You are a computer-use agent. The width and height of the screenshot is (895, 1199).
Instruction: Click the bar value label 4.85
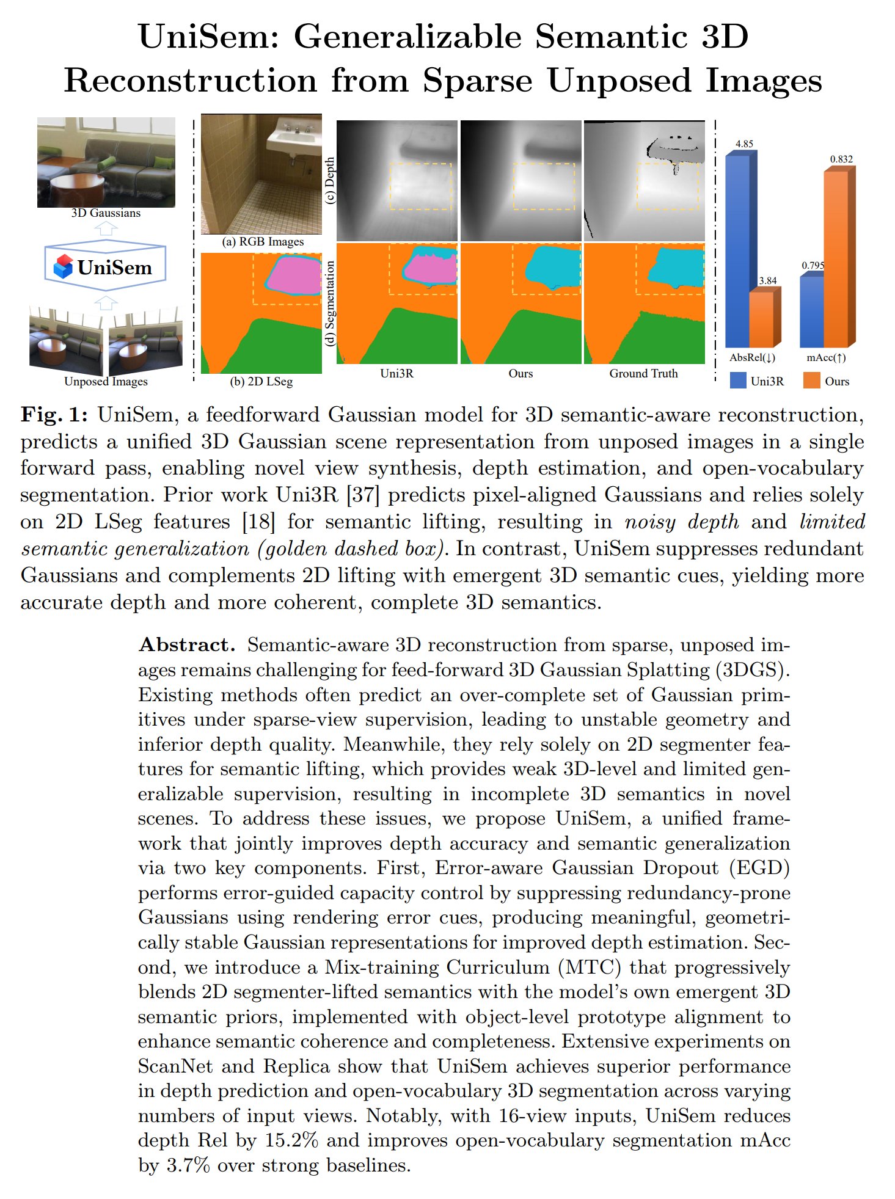744,144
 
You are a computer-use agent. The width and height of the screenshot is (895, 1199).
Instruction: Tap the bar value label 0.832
841,159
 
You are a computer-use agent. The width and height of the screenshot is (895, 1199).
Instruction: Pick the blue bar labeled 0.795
812,312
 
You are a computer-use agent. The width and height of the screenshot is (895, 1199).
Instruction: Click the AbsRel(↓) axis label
752,358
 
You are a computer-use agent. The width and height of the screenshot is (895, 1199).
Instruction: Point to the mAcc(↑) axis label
826,358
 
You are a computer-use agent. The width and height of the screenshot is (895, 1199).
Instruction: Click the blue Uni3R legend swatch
738,381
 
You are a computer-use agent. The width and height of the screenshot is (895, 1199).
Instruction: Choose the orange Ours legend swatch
811,381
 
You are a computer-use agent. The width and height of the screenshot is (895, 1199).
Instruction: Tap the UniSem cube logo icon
63,267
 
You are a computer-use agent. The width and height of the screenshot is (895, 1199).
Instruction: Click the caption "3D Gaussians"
106,213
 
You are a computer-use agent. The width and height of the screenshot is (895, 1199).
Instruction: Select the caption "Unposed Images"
106,382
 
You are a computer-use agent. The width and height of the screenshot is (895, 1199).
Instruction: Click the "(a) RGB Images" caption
263,242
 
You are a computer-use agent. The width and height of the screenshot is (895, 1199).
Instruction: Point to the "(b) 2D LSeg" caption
261,382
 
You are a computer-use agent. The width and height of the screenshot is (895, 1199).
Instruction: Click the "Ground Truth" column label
643,374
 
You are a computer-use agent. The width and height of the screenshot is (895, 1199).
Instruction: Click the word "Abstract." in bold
186,645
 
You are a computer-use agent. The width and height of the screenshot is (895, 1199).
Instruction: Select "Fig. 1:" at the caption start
54,415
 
